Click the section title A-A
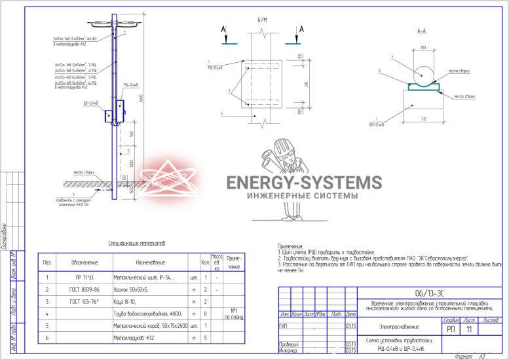coord(423,31)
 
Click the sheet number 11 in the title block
coord(468,330)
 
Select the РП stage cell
coord(450,330)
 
